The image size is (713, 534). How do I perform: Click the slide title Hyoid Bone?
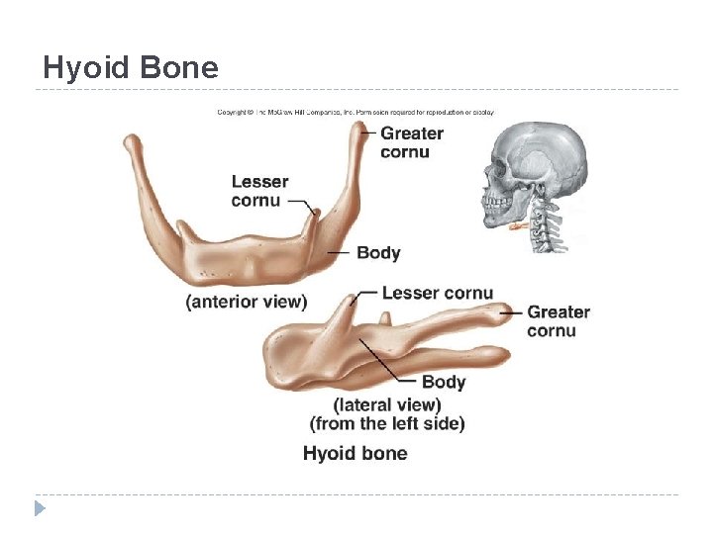pos(130,67)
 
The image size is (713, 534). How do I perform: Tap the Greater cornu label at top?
pos(411,142)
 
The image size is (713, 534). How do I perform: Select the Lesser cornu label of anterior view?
pos(259,191)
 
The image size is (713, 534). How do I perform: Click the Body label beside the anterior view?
pos(378,252)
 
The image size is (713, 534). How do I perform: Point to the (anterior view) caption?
pos(247,302)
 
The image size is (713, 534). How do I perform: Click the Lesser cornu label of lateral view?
pos(437,293)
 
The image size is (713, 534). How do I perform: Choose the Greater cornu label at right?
pos(558,320)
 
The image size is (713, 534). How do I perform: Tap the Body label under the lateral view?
pos(443,382)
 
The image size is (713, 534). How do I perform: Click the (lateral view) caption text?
pos(387,404)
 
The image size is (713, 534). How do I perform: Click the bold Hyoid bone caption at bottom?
pos(355,453)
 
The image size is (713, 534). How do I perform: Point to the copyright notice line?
pos(356,112)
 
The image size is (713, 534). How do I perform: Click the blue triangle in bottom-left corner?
pos(40,509)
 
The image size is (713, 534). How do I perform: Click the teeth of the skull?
pos(495,209)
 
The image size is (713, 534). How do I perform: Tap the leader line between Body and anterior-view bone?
pos(339,253)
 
